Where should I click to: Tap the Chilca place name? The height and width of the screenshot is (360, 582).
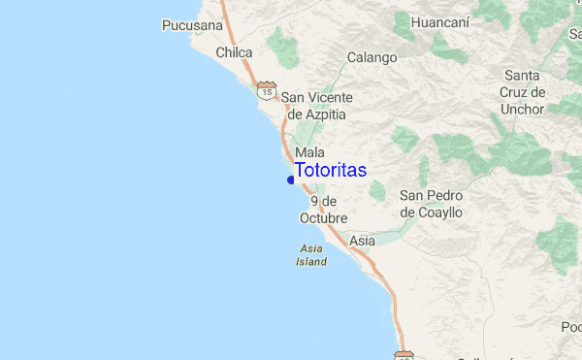(234, 52)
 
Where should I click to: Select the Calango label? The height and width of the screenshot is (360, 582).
(372, 57)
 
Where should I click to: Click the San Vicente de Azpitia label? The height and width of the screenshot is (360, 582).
(316, 106)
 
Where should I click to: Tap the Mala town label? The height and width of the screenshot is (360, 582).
(309, 152)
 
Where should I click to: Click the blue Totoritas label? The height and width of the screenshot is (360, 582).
(331, 170)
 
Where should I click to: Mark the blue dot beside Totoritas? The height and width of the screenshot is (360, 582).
(291, 179)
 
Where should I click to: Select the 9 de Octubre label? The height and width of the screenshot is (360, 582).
(323, 210)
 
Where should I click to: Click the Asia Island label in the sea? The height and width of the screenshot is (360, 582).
(312, 255)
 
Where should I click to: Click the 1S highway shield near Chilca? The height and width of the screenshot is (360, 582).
(266, 90)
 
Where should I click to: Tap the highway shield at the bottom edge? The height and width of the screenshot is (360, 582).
(404, 355)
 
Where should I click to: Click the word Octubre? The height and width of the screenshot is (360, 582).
(323, 218)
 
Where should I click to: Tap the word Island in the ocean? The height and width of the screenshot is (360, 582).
(312, 262)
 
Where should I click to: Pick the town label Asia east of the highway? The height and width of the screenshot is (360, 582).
(362, 240)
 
